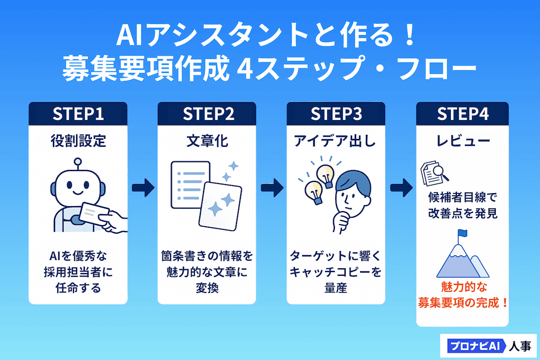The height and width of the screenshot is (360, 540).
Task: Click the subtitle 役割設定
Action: (78, 141)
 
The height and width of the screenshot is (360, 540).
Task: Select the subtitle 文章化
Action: (207, 141)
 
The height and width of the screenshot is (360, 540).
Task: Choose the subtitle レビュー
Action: (463, 141)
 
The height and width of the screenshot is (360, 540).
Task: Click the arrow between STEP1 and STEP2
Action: (143, 188)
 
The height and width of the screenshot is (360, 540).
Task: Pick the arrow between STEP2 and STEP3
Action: (272, 188)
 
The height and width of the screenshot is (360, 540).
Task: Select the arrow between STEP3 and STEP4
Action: (401, 188)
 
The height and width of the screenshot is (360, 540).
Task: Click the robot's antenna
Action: (79, 161)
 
